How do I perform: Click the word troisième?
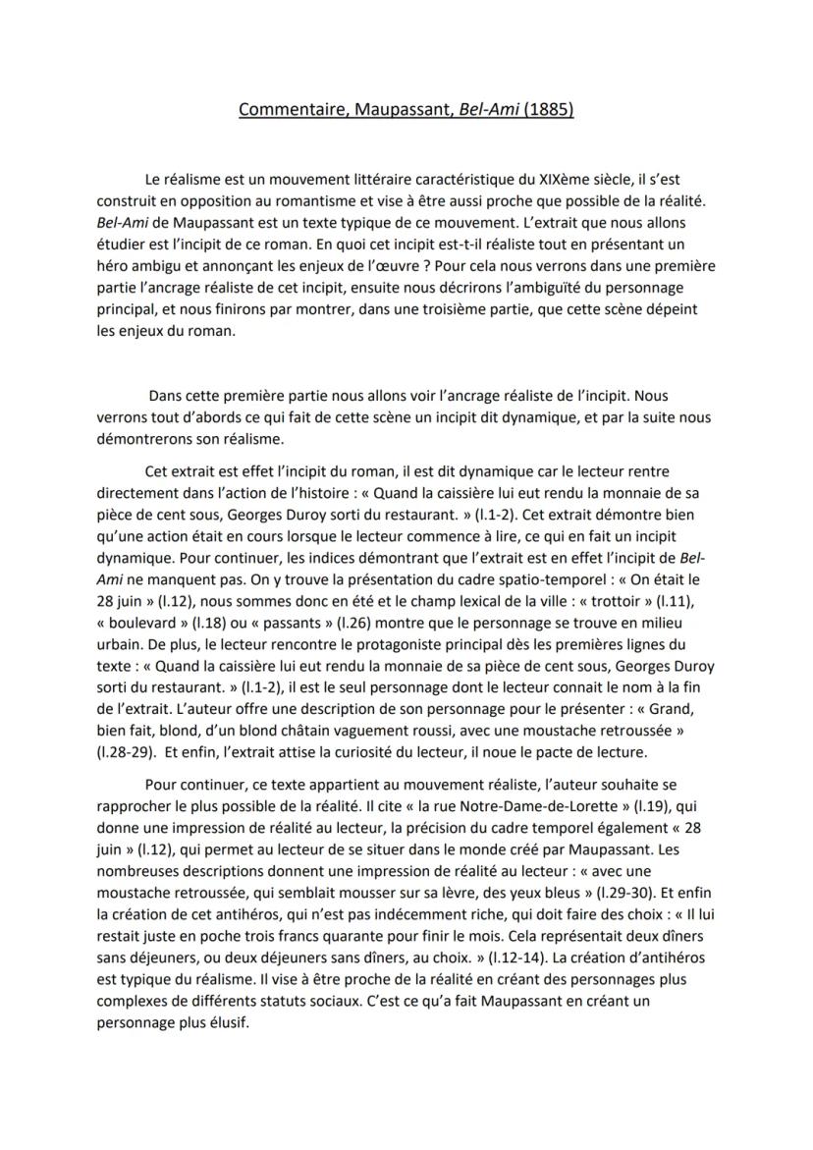[481, 308]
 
